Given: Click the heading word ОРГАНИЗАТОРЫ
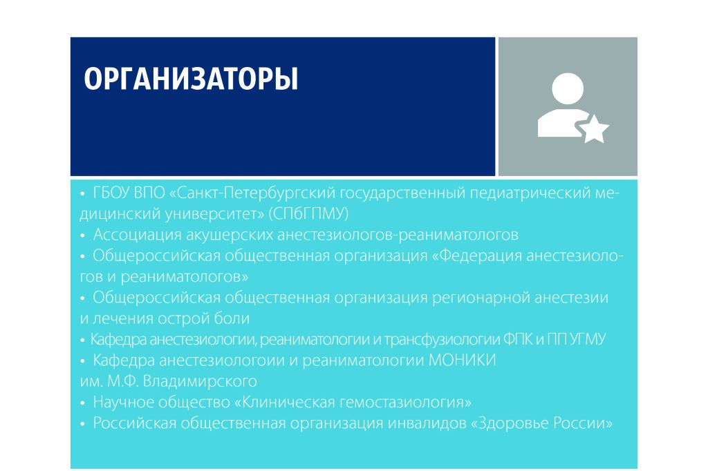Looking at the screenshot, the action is tap(191, 79).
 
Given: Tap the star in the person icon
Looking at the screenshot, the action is tap(594, 129).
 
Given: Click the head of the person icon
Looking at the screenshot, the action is tap(568, 88).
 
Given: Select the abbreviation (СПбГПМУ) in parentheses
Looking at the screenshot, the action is tap(308, 213).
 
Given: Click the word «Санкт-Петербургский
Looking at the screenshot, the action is tap(252, 193).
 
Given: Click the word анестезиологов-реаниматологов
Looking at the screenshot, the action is tap(397, 235).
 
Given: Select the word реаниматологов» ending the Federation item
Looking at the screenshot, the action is tap(184, 276).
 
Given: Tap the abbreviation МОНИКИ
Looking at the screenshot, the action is tap(462, 361).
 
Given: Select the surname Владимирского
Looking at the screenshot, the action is tap(200, 382).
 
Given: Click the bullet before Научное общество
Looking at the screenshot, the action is tap(83, 403).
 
